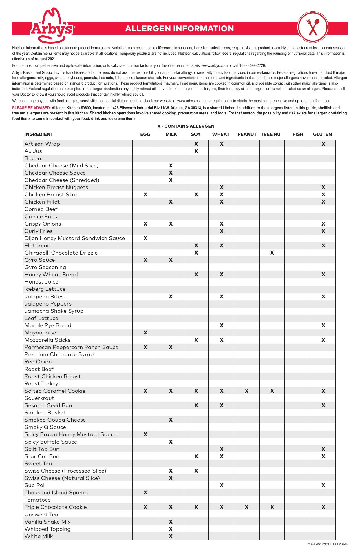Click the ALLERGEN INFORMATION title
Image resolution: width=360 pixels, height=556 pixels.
180,28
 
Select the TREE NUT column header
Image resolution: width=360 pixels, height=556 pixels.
272,134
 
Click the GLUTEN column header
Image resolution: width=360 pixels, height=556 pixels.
322,134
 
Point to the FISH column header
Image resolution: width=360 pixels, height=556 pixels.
298,134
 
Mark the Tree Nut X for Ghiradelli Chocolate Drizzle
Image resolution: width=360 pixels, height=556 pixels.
272,253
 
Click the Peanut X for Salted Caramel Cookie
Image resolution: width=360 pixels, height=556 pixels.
246,391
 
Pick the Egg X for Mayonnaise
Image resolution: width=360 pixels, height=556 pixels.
145,333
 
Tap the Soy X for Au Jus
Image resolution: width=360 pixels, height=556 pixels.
196,151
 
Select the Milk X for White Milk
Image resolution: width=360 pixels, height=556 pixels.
171,536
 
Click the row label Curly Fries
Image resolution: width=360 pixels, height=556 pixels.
39,231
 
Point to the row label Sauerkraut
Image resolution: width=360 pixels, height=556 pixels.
39,398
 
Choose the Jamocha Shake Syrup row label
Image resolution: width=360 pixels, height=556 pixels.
54,311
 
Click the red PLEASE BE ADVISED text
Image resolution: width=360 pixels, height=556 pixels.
31,108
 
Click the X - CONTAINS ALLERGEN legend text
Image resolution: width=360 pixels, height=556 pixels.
186,126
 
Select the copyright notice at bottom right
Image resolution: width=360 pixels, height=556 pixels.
327,544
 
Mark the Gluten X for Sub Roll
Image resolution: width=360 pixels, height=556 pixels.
323,485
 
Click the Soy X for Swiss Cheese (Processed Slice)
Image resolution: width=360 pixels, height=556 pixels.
196,471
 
